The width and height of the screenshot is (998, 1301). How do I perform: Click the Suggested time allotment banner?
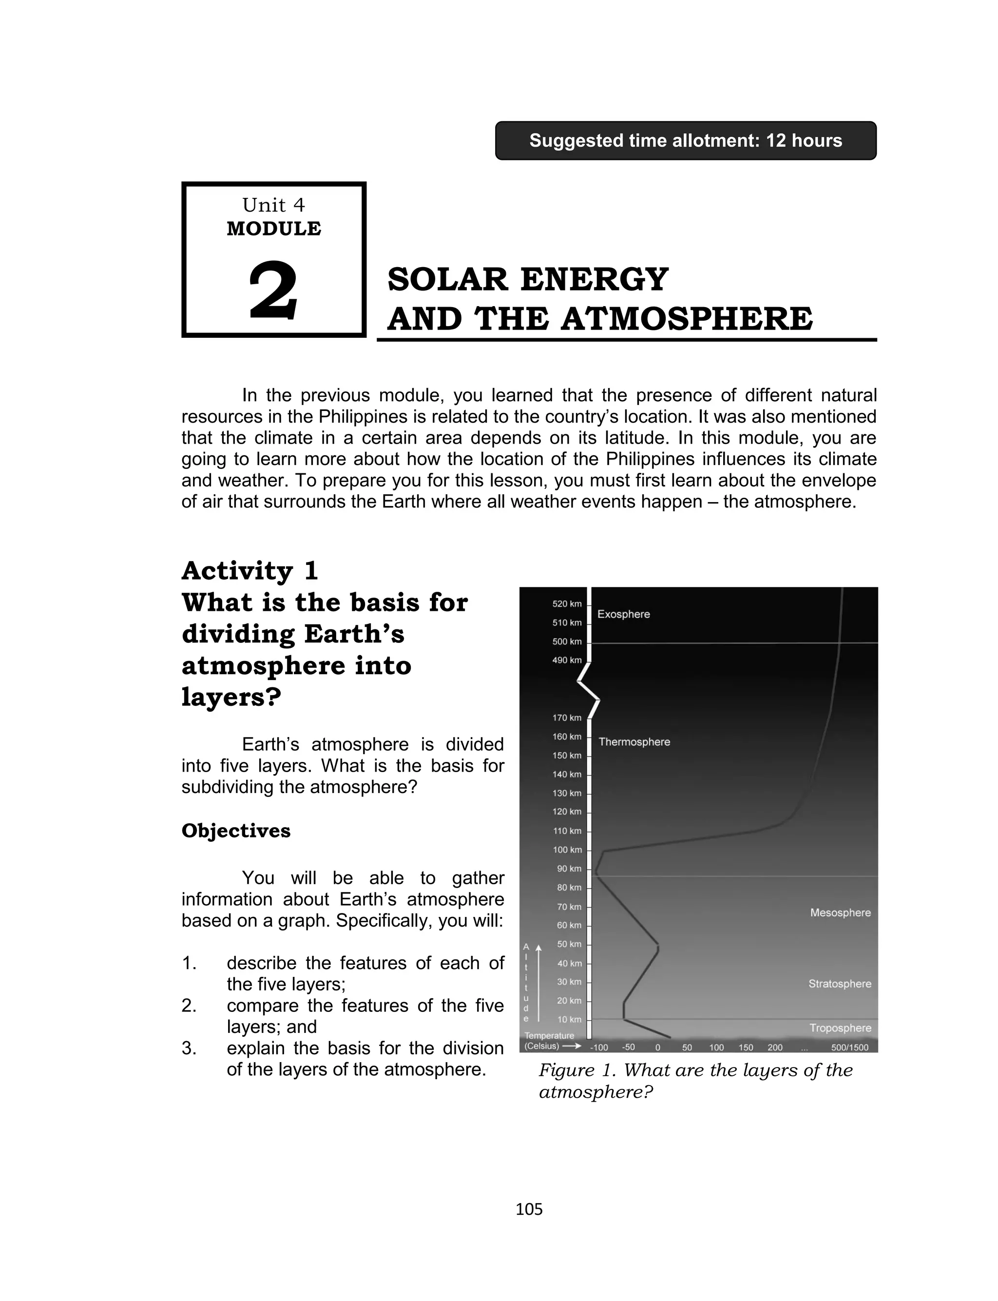(x=686, y=141)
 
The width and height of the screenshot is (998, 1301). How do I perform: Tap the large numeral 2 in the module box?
(x=273, y=291)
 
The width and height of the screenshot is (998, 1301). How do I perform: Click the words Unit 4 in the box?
(x=273, y=205)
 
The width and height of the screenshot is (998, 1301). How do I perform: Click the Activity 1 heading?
(x=250, y=571)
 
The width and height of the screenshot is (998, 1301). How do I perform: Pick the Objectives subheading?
(x=236, y=831)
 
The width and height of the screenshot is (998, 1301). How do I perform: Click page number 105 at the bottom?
(x=529, y=1209)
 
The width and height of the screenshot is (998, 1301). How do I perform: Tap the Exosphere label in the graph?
(x=623, y=614)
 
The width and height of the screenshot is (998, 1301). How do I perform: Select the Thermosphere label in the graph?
(x=634, y=742)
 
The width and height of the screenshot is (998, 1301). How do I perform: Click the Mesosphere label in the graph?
(x=840, y=913)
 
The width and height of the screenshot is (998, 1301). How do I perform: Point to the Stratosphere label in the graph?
(x=840, y=984)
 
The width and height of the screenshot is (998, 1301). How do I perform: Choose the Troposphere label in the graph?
(x=840, y=1028)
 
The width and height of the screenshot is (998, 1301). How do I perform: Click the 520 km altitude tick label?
(x=567, y=604)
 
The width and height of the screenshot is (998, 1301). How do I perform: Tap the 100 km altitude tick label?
(x=567, y=850)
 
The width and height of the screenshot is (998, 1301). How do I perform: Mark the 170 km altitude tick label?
(x=567, y=718)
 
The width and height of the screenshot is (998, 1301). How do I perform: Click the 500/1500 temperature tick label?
(x=849, y=1048)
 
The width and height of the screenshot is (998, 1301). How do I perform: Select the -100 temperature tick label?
(x=599, y=1048)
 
